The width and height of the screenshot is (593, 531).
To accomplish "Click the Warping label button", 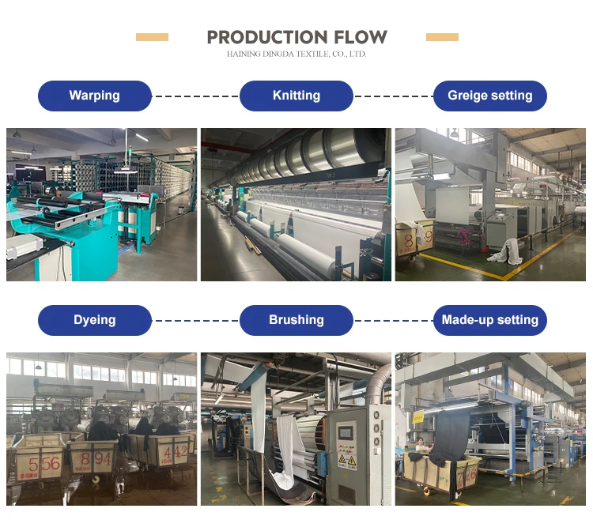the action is (x=95, y=96).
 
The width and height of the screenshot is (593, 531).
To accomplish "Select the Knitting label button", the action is (x=296, y=96).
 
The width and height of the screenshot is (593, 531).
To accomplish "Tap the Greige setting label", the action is (x=490, y=96).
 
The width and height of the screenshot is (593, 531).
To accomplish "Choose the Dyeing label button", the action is (x=95, y=320).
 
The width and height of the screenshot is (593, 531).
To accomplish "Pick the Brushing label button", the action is (x=296, y=320).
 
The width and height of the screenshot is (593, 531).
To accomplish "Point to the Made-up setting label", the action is (x=490, y=320).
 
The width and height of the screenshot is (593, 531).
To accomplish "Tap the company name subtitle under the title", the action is (x=296, y=55).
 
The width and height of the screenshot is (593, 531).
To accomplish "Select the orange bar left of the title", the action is (x=152, y=37).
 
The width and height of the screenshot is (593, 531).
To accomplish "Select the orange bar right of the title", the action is (x=442, y=37).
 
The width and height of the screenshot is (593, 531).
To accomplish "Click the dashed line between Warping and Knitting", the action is (x=195, y=96).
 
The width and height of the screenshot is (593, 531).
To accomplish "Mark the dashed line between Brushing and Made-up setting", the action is (x=393, y=320).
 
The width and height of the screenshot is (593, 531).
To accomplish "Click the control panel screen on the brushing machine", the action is (x=346, y=434).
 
